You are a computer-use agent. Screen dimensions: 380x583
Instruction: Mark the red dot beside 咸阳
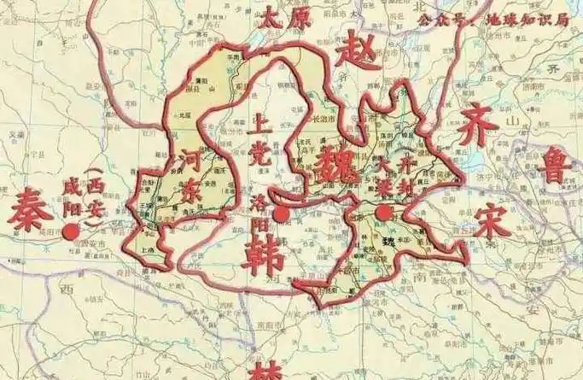tap(71, 231)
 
